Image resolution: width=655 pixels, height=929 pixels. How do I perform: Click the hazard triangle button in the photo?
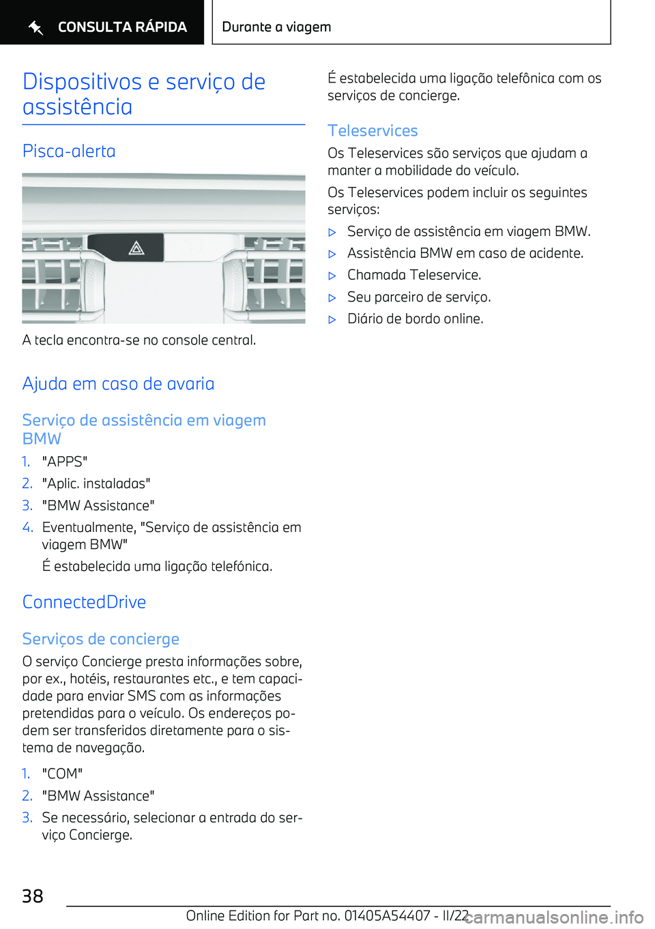[136, 248]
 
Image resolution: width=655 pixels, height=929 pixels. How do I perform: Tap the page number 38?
[33, 896]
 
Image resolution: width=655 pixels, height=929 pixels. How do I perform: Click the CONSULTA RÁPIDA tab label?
[122, 27]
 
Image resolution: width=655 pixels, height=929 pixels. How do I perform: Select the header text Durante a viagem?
[276, 27]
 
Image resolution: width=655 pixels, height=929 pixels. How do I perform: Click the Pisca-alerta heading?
[69, 151]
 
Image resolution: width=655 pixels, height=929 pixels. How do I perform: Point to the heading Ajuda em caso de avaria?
[118, 384]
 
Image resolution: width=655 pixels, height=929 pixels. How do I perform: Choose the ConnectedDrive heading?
[84, 602]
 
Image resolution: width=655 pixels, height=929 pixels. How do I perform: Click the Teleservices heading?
[373, 130]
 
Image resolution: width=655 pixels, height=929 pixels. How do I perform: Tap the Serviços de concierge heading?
[101, 639]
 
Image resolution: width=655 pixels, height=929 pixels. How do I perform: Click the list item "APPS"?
[65, 462]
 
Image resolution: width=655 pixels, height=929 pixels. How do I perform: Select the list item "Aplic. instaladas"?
[96, 484]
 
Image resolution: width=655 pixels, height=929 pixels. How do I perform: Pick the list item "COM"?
[62, 773]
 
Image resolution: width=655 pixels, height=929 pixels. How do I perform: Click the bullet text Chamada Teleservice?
[414, 275]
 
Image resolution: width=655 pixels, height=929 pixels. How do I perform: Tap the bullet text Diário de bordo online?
[415, 319]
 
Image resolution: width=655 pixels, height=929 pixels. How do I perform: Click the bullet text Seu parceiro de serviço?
[419, 297]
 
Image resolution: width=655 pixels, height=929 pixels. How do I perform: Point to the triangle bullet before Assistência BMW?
[332, 254]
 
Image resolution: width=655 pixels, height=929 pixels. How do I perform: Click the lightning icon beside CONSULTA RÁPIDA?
[35, 27]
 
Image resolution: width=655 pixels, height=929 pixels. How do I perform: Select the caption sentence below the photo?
[139, 340]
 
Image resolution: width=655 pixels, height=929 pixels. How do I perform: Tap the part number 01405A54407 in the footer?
[387, 915]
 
